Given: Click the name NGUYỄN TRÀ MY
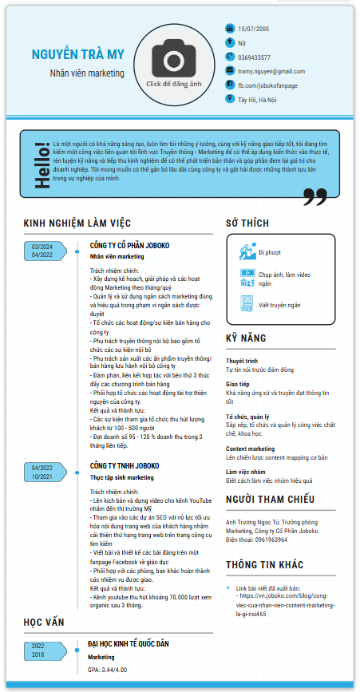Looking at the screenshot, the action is (x=78, y=53).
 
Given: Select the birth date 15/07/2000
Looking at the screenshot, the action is (x=253, y=29).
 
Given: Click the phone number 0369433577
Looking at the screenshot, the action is (x=254, y=57).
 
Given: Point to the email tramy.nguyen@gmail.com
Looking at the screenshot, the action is (x=271, y=71).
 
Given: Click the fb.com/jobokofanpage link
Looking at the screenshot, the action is (x=267, y=85).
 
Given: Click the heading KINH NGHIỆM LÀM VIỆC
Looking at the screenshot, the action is (x=77, y=223).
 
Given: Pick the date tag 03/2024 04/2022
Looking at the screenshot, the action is (x=42, y=251).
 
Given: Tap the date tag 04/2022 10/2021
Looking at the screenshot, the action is (x=42, y=472).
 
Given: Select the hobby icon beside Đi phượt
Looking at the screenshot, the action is (x=246, y=252).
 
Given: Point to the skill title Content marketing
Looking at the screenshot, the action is (x=251, y=449).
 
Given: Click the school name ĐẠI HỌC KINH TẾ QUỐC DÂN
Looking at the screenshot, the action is (x=140, y=643).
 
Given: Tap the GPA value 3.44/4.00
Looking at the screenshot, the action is (x=117, y=670).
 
